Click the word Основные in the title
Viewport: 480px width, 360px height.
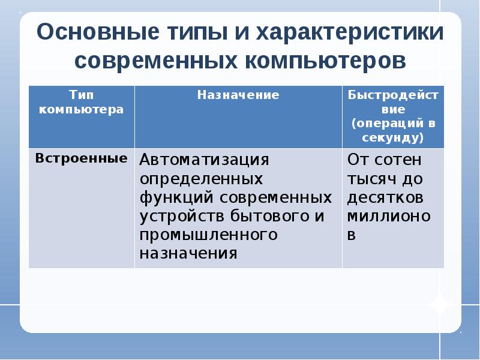(98, 32)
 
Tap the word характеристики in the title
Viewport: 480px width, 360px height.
(350, 32)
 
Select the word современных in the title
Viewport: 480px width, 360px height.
(156, 60)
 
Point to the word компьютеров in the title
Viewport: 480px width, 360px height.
(326, 61)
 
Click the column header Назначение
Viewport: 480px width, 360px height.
(238, 95)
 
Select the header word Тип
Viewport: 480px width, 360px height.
(82, 94)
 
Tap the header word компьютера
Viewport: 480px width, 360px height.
(82, 109)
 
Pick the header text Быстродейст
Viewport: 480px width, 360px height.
(393, 95)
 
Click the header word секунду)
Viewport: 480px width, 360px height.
(393, 138)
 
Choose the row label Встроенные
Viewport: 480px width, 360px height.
(81, 158)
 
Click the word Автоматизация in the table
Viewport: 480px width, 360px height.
(204, 160)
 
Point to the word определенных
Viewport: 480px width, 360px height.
(201, 179)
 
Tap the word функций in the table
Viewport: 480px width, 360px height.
(176, 197)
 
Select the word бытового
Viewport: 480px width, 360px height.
(269, 216)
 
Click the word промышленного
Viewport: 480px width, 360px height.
(208, 235)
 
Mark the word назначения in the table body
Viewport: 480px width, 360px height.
(188, 253)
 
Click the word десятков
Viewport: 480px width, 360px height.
(385, 198)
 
